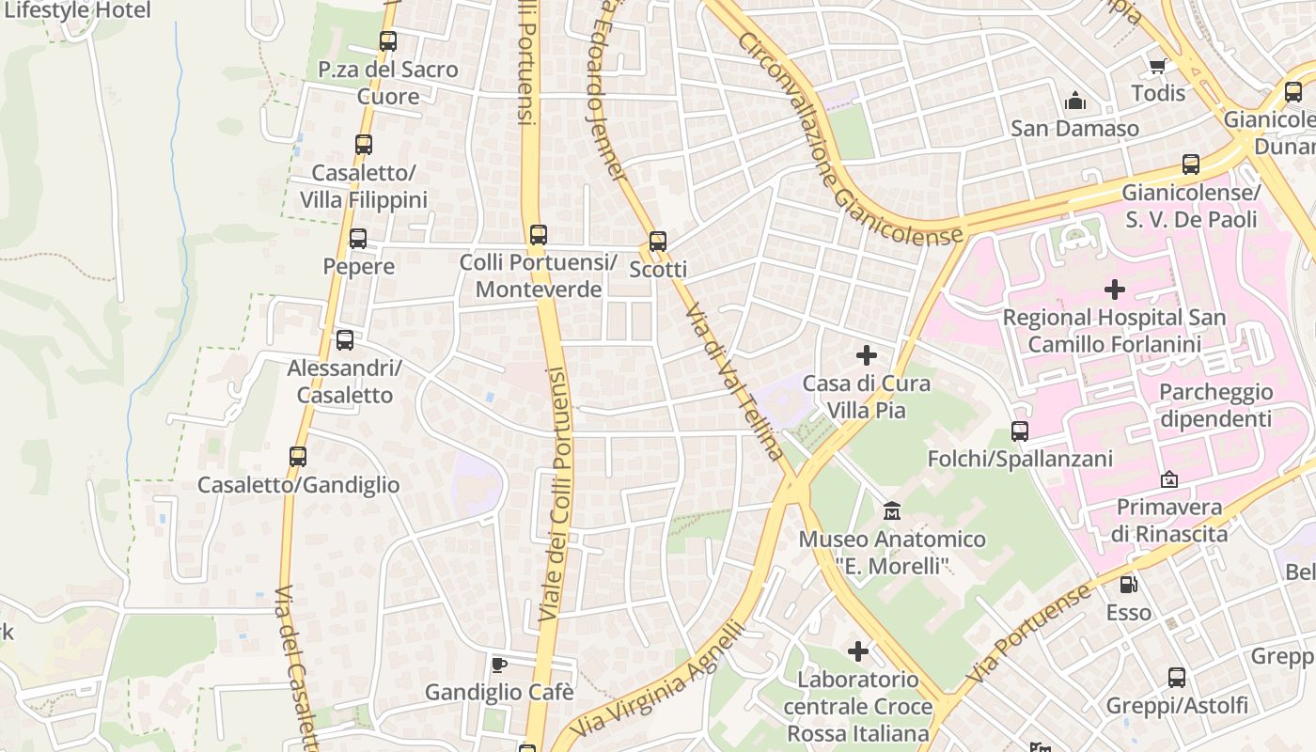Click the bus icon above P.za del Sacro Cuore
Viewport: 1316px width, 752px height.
click(x=387, y=41)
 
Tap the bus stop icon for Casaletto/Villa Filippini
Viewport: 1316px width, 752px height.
click(x=364, y=145)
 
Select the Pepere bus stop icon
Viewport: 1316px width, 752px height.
click(x=358, y=239)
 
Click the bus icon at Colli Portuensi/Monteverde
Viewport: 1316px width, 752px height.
click(x=538, y=235)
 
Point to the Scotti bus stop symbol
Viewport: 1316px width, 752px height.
click(x=658, y=242)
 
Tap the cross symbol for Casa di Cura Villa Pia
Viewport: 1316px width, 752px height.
click(x=866, y=355)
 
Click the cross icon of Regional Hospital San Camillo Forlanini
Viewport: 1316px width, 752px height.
click(x=1114, y=290)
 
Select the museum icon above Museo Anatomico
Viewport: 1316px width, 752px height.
click(x=892, y=511)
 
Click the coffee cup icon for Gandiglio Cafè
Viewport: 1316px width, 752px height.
click(x=499, y=666)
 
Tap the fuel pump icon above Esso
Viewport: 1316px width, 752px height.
click(x=1128, y=585)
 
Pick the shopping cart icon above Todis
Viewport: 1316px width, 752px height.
click(x=1157, y=66)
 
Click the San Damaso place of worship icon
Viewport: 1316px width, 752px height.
click(x=1074, y=101)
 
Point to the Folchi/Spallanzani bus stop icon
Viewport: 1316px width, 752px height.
click(x=1020, y=431)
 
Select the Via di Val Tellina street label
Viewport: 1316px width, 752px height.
click(x=734, y=381)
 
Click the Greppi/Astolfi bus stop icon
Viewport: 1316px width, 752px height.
click(x=1176, y=678)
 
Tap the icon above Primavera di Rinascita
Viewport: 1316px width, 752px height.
click(x=1169, y=480)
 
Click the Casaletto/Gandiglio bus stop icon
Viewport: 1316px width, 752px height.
click(x=298, y=457)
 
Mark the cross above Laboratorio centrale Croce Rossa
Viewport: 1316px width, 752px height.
click(x=857, y=650)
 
